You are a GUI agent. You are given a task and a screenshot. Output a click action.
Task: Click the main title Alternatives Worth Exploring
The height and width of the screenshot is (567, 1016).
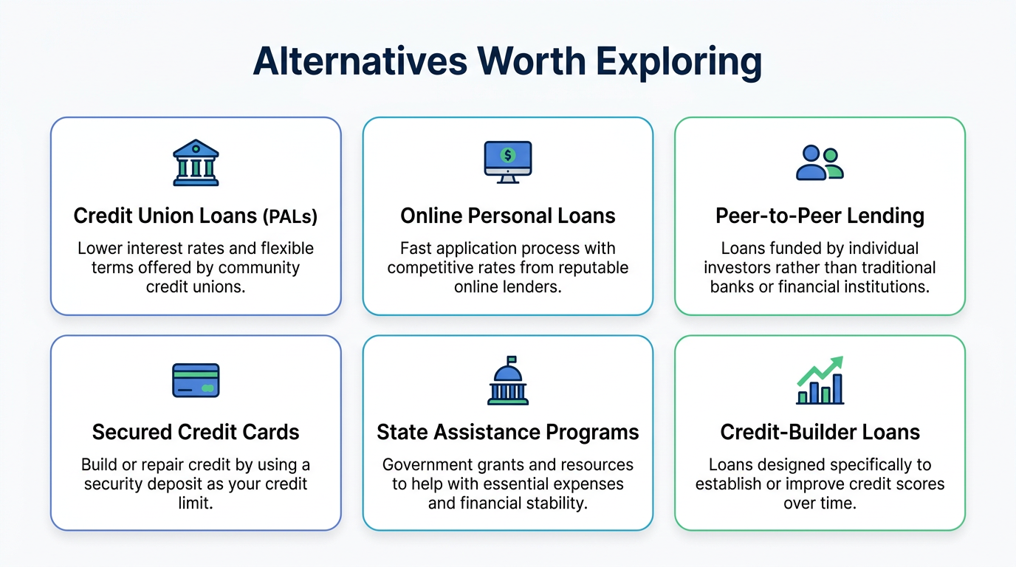507,62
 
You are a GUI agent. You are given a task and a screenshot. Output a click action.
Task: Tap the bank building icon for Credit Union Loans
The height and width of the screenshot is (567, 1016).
196,162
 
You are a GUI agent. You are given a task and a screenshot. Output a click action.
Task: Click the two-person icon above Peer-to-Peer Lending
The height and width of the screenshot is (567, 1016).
820,162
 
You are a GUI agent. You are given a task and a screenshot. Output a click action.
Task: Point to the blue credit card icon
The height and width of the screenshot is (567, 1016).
196,380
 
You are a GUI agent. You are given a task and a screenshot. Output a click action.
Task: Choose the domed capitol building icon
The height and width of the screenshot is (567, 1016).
507,380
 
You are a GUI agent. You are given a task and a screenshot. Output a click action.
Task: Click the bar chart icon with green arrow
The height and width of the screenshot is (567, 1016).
820,380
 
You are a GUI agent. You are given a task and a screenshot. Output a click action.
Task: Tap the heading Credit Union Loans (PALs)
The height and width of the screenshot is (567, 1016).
196,216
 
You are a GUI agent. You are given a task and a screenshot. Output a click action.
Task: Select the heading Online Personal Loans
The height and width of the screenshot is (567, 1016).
507,216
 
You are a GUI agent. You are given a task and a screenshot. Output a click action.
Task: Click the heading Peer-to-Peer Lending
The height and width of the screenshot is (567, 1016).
820,216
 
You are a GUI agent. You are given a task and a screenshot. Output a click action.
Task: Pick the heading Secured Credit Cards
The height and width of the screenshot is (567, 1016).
196,432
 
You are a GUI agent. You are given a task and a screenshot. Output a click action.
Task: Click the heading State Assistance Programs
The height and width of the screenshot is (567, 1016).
507,432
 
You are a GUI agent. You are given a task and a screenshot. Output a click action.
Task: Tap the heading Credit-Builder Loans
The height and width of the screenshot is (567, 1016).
820,432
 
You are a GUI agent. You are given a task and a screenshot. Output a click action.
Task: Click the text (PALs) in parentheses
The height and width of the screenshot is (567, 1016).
289,216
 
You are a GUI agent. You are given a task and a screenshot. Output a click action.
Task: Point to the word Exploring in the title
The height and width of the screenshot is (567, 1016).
679,62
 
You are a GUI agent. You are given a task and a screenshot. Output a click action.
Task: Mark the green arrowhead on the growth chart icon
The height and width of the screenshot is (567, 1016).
837,363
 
